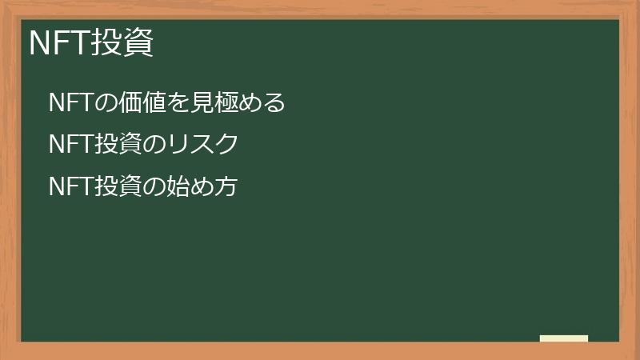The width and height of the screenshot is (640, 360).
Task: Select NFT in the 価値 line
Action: pos(70,102)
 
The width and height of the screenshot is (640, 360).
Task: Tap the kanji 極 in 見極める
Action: pos(226,102)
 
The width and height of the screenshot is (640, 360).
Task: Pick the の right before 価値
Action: pos(106,102)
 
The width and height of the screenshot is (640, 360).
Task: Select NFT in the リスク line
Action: pos(70,145)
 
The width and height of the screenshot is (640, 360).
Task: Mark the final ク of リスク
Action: pos(227,145)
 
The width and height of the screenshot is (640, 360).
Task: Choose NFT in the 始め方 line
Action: pos(70,187)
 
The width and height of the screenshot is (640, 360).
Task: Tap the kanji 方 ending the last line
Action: pos(227,187)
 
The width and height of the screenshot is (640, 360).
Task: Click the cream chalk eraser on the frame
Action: pos(564,338)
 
